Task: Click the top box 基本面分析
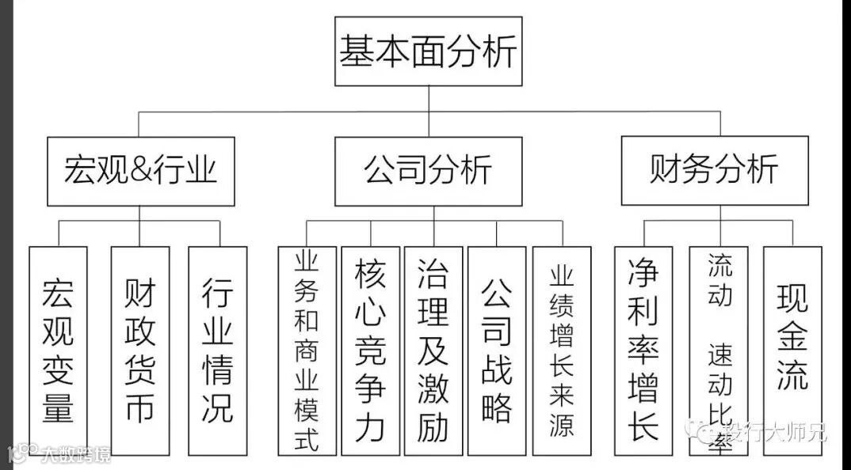[428, 51]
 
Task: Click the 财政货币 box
[139, 350]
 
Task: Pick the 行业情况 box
[217, 350]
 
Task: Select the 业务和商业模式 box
[307, 350]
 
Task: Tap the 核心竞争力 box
[370, 350]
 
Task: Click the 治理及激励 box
[433, 350]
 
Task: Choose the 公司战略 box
[497, 350]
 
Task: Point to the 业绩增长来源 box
[562, 350]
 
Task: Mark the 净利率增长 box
[643, 350]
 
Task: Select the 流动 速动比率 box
[719, 350]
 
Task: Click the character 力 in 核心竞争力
[370, 425]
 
